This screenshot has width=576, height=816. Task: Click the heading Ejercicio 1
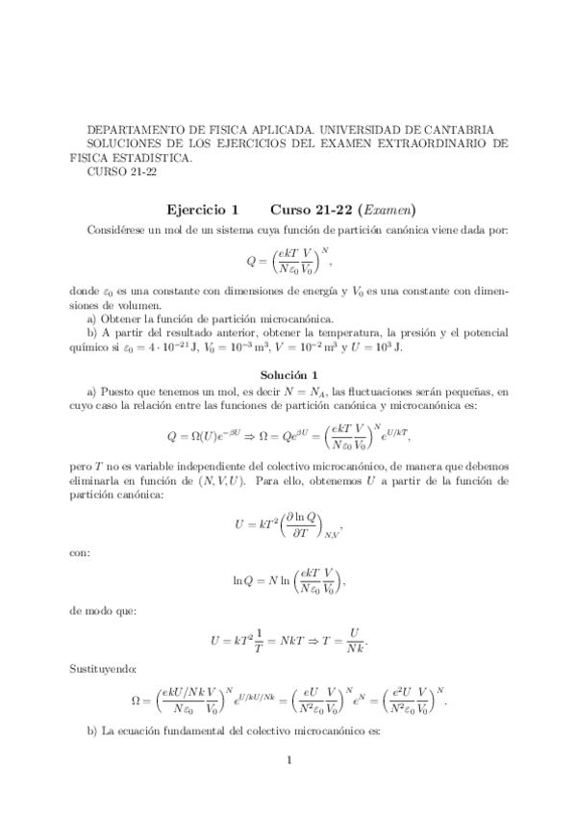pos(202,210)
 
